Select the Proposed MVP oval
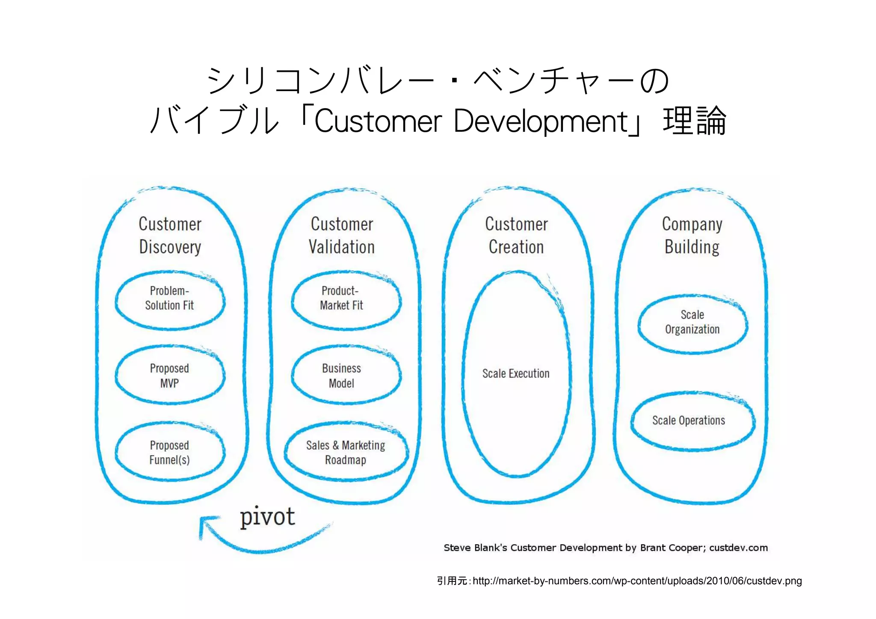(x=170, y=376)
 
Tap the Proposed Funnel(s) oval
(x=170, y=453)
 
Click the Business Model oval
(x=346, y=376)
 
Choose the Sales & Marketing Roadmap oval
(x=346, y=453)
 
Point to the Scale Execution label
(x=516, y=373)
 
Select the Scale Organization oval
(x=692, y=323)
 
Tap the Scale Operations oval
(x=692, y=421)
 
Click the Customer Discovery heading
(x=170, y=235)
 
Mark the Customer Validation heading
(x=342, y=235)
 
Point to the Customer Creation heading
(x=516, y=235)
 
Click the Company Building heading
(x=692, y=235)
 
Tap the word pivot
(x=267, y=517)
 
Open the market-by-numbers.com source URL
(x=637, y=581)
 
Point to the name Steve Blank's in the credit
(x=475, y=548)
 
